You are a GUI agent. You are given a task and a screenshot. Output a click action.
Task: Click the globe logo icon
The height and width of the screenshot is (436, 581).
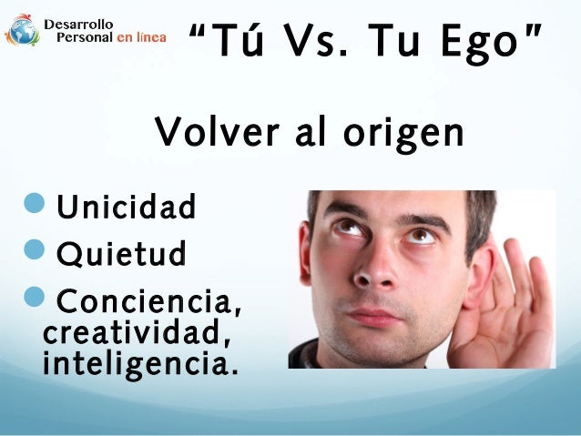pos(22,30)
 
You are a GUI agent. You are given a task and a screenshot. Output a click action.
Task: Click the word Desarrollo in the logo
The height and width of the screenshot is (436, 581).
pos(80,22)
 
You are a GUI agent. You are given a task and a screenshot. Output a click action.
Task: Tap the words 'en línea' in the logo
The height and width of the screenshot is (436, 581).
pos(141,38)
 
